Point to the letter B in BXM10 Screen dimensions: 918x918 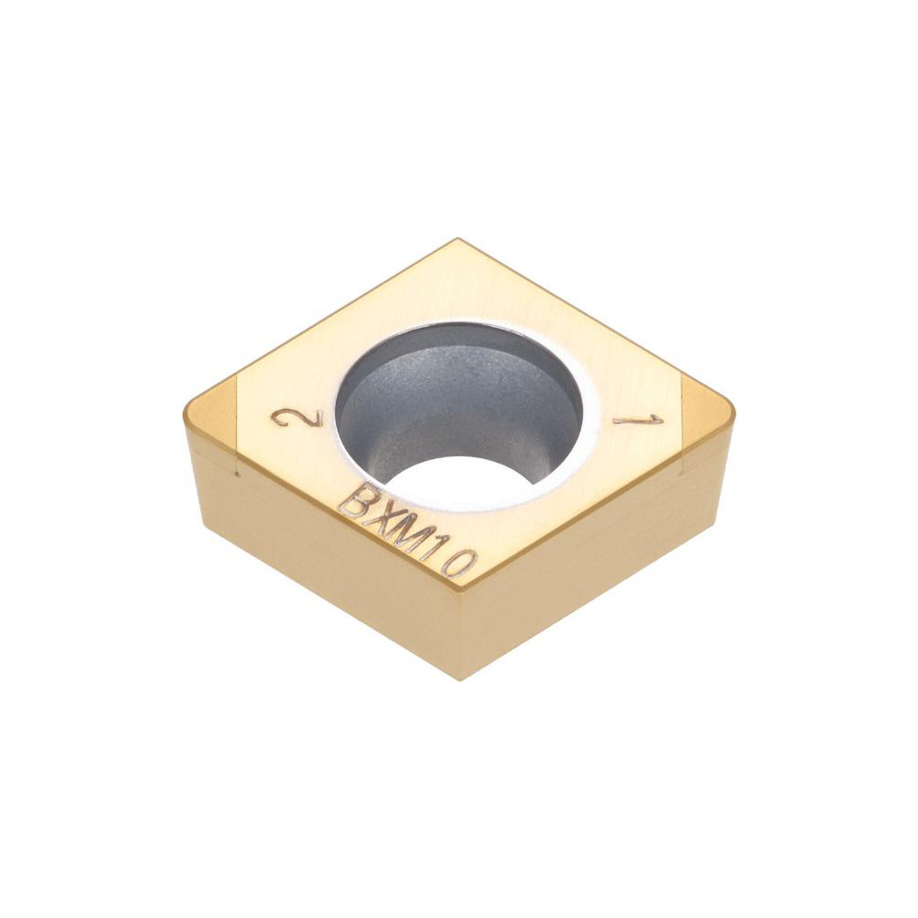[354, 502]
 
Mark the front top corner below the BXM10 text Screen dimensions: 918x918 [459, 588]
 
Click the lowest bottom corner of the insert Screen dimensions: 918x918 [459, 678]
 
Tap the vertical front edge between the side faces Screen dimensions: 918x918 [459, 633]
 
